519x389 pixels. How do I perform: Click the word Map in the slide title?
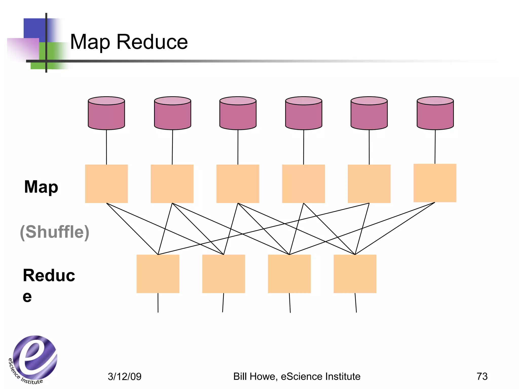click(x=90, y=42)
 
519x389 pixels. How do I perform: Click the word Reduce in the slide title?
click(x=152, y=42)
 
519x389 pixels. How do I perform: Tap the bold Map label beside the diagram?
click(x=41, y=187)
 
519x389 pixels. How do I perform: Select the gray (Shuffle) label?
click(x=54, y=232)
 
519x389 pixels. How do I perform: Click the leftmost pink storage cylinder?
click(x=106, y=113)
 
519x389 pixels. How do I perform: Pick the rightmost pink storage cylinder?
click(x=435, y=113)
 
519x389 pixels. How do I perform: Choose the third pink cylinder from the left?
click(x=238, y=113)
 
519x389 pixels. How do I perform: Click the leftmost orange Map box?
click(x=106, y=184)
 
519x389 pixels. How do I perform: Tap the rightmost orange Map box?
click(x=435, y=183)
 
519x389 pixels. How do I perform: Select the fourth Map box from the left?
click(x=303, y=184)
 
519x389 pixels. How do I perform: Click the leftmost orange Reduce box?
click(x=158, y=274)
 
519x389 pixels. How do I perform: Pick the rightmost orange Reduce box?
click(x=355, y=274)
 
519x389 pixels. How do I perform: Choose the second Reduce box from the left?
click(x=224, y=274)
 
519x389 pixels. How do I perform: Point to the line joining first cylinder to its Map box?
click(x=106, y=147)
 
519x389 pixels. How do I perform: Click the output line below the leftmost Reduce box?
click(x=158, y=303)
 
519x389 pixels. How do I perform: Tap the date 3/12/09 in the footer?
click(x=124, y=377)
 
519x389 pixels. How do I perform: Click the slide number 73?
click(x=482, y=376)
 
